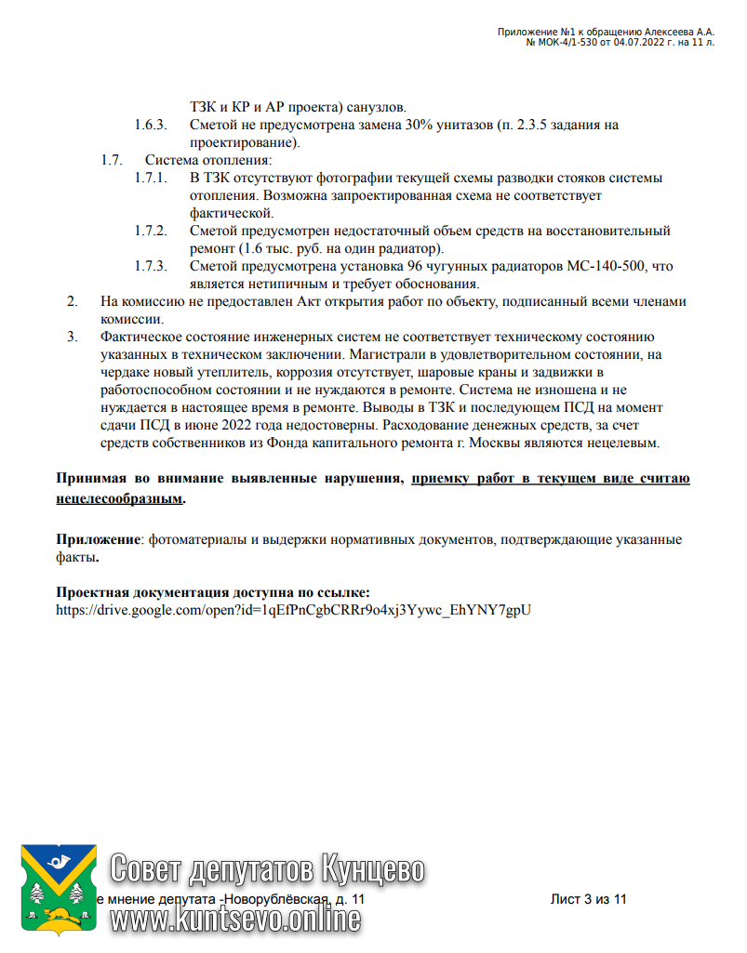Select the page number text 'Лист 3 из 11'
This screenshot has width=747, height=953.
[590, 900]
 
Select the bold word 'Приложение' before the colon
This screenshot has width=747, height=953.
[98, 539]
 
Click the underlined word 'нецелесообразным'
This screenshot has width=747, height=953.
[119, 499]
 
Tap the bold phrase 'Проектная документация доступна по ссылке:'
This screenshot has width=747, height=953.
[213, 592]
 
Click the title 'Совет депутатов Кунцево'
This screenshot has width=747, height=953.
[267, 868]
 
